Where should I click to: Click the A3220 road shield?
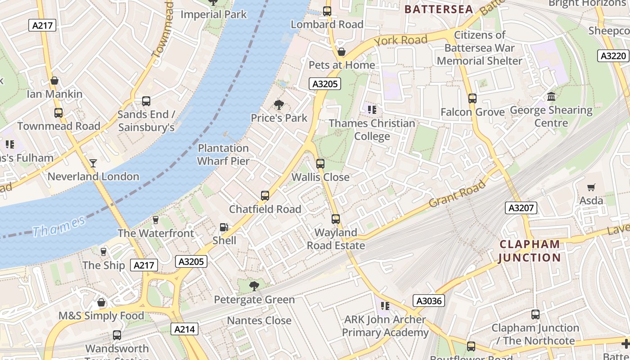(x=613, y=56)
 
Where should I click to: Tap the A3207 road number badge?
(x=521, y=208)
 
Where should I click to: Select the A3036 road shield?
(x=429, y=301)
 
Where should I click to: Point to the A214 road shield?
(x=184, y=329)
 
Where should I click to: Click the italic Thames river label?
(x=58, y=226)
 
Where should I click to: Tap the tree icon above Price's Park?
(x=279, y=105)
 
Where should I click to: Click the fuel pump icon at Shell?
(x=224, y=228)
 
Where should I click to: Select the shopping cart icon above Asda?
(x=591, y=187)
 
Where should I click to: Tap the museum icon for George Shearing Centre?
(x=551, y=97)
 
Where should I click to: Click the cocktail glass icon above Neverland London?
(x=93, y=163)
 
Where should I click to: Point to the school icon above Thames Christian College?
(x=372, y=109)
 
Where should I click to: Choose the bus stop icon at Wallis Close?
(x=320, y=164)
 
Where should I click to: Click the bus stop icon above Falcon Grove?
(x=472, y=99)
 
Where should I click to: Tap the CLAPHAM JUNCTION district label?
(x=530, y=251)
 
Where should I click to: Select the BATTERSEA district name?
(x=439, y=9)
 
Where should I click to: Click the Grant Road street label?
(x=457, y=194)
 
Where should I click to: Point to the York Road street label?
(x=400, y=40)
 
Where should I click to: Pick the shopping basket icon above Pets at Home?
(x=342, y=52)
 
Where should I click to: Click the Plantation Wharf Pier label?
(x=223, y=154)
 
